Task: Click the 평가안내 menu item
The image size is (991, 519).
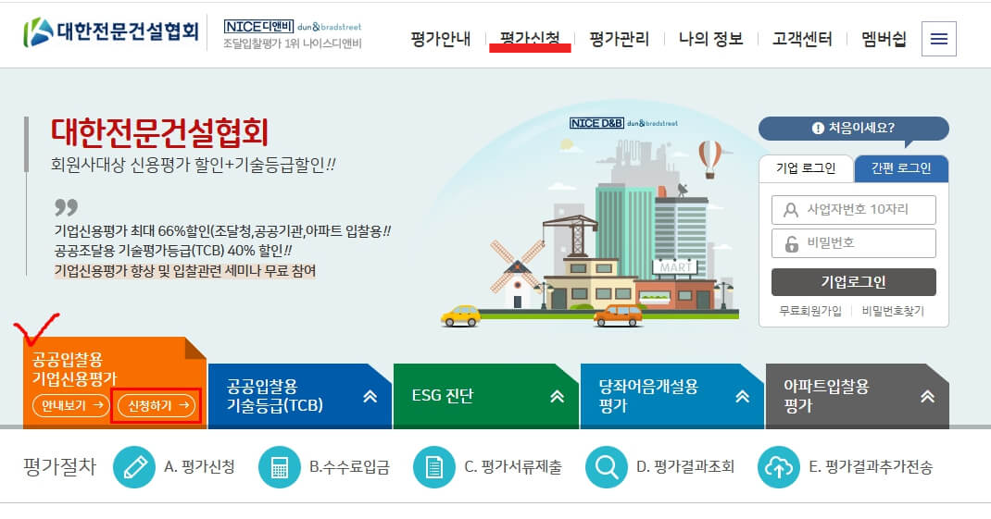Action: click(441, 39)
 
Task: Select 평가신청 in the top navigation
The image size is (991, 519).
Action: click(530, 39)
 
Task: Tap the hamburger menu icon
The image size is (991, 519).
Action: click(939, 39)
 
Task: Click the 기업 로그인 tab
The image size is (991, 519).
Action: click(805, 168)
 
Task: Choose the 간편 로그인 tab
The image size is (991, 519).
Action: click(900, 168)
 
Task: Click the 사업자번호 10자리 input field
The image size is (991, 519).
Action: click(853, 210)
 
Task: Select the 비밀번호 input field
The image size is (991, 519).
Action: click(853, 244)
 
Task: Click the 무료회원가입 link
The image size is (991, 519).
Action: click(810, 311)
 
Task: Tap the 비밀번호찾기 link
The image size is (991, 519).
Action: click(893, 311)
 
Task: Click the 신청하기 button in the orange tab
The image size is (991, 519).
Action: click(157, 405)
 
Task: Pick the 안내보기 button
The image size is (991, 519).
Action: click(71, 405)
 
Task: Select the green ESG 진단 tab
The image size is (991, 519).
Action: click(485, 396)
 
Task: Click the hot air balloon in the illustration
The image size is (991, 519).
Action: click(709, 158)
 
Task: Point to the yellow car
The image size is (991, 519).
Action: click(460, 315)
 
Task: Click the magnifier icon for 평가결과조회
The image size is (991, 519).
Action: click(607, 467)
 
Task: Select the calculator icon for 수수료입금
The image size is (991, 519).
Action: click(279, 467)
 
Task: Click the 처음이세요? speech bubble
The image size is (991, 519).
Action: click(853, 129)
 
